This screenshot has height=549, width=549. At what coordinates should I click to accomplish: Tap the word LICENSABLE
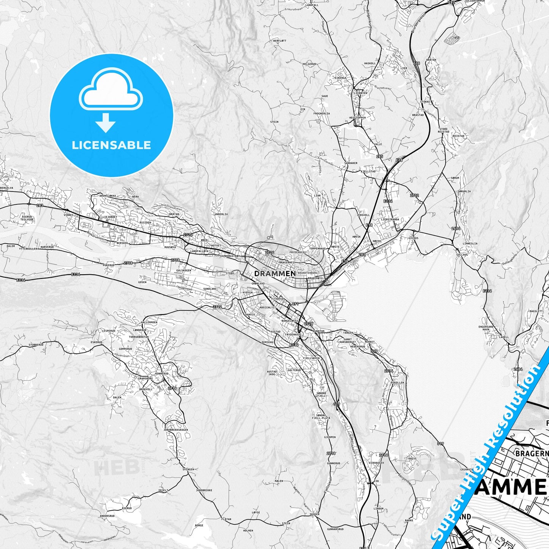coord(111,145)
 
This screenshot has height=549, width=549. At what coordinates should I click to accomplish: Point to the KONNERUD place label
coord(161,373)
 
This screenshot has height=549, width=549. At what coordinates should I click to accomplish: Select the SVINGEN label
coord(188,470)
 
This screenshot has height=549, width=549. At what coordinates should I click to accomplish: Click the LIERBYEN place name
coord(361,93)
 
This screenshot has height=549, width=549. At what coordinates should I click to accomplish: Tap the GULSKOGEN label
coord(184,271)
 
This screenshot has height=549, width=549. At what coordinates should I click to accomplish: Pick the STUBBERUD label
coord(36,345)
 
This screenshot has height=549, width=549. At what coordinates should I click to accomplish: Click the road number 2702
coord(415,195)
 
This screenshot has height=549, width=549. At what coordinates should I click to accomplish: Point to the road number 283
coord(40,206)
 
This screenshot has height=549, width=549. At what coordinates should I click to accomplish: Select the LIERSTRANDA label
coord(390,219)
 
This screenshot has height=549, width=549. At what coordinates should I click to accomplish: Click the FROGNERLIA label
coord(321,113)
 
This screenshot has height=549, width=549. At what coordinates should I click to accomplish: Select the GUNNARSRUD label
coord(335,529)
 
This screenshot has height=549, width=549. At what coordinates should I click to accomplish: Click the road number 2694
coord(456,228)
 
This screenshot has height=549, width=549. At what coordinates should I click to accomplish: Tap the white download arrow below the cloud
coord(106,123)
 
